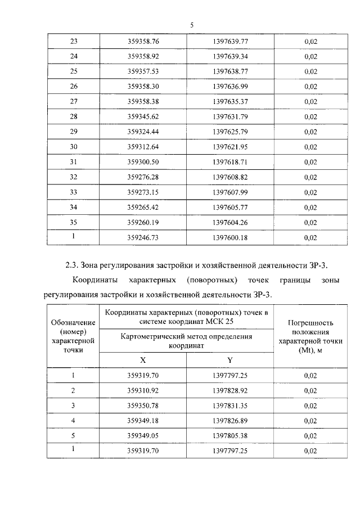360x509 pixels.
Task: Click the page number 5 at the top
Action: [x=192, y=25]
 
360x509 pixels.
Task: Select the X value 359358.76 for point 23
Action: [x=143, y=42]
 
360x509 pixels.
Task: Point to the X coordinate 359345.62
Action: [x=143, y=117]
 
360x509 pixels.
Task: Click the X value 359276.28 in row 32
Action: [x=143, y=177]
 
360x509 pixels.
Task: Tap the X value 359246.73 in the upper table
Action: [x=143, y=238]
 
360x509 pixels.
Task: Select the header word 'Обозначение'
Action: [x=73, y=322]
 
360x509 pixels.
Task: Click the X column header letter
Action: [x=143, y=360]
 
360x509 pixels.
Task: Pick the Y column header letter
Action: [x=229, y=360]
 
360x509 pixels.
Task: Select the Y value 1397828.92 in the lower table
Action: [x=230, y=390]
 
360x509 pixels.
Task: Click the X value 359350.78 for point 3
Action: [x=143, y=406]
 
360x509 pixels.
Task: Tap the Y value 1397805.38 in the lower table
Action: [x=230, y=436]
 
